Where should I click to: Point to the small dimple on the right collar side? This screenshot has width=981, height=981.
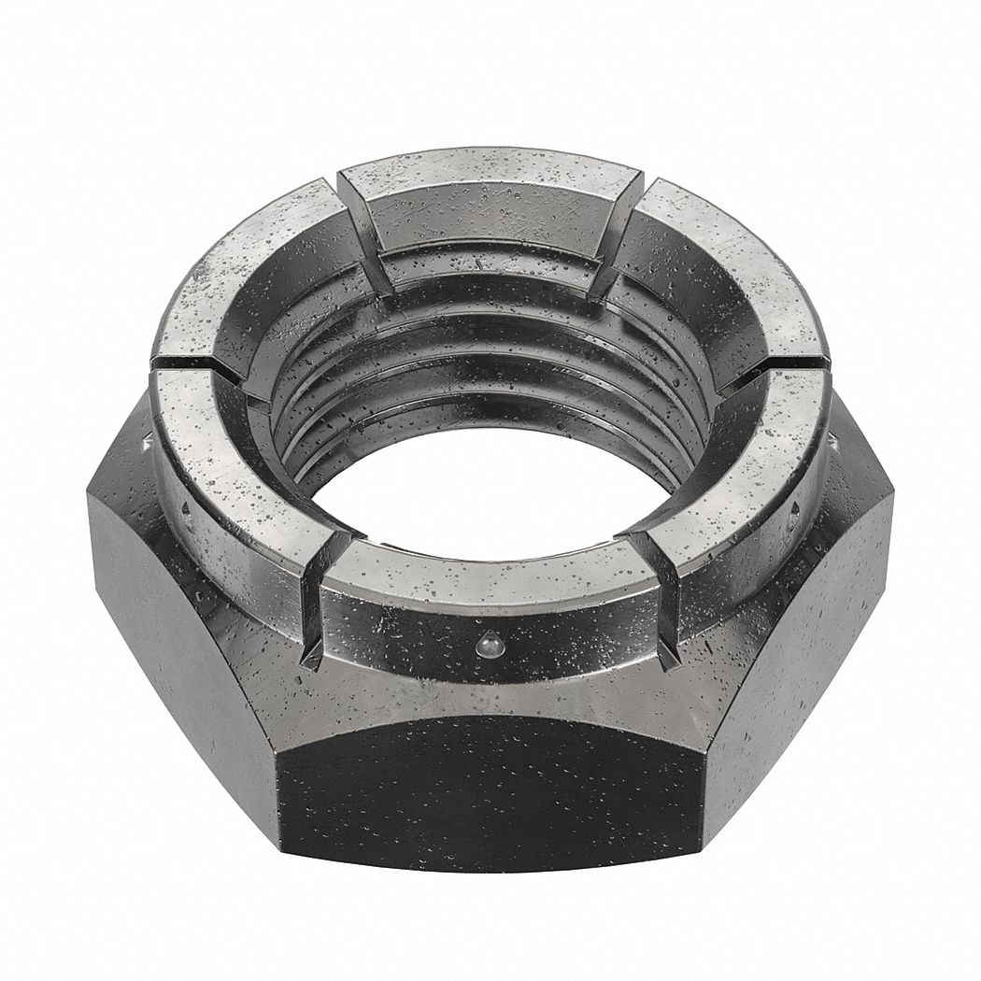pos(795,508)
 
